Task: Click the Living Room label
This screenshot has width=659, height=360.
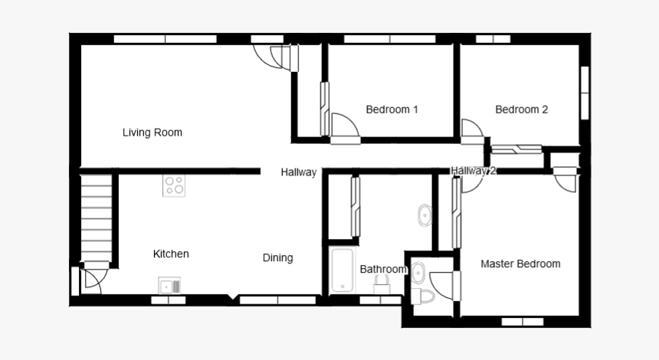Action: (152, 133)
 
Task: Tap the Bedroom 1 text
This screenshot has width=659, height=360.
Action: (392, 110)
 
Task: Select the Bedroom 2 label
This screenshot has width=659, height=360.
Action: (521, 110)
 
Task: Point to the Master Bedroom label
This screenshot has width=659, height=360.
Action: (520, 264)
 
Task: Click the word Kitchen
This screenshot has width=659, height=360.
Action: (171, 254)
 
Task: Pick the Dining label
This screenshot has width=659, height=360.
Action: (277, 258)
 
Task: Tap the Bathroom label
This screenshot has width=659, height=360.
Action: (382, 270)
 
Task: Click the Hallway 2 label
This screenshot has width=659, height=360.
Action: (473, 171)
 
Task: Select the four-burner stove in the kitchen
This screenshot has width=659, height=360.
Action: (174, 185)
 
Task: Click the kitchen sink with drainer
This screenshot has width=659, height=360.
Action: (170, 286)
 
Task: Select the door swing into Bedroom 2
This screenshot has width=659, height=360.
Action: (471, 130)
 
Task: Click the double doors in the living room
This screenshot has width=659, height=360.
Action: (277, 57)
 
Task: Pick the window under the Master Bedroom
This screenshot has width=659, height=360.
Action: (522, 322)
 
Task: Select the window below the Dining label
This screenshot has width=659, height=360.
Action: (277, 300)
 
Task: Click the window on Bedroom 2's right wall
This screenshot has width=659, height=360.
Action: (585, 92)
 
